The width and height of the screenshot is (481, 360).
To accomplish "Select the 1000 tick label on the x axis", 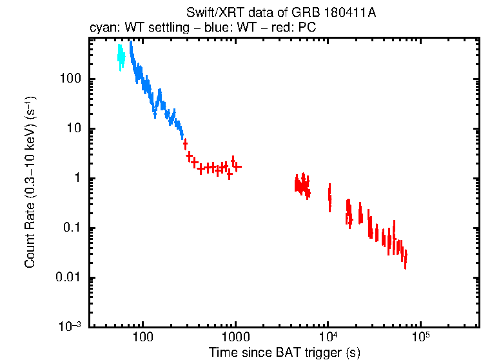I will [x=235, y=337].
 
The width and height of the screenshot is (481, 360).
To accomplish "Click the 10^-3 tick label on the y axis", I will [x=74, y=326].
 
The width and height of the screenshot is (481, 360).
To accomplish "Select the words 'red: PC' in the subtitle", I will [x=295, y=28].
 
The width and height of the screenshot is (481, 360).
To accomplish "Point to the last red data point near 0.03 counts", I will [x=405, y=258].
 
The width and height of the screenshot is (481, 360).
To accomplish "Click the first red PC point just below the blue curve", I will [x=185, y=144].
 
